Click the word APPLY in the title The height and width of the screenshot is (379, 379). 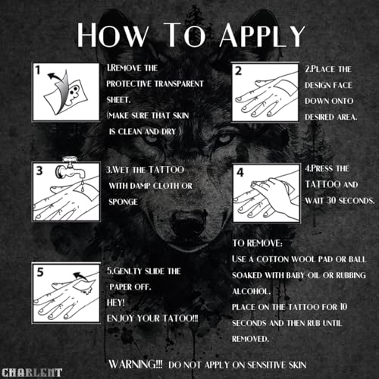(x=262, y=35)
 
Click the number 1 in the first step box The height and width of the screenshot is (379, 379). (x=38, y=70)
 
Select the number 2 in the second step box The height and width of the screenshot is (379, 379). (x=238, y=71)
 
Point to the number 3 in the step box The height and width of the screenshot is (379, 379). (x=39, y=171)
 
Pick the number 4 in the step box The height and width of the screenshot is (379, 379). (x=240, y=173)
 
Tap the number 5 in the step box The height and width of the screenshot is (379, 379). (x=40, y=272)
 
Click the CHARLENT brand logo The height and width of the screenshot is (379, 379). (x=32, y=373)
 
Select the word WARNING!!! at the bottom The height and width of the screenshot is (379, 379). (x=136, y=365)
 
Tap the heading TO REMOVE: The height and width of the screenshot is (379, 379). (x=257, y=243)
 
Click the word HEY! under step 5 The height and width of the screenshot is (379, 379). (x=116, y=302)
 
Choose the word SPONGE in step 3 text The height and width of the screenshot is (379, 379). (x=123, y=202)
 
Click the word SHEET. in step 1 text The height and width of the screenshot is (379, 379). (x=118, y=100)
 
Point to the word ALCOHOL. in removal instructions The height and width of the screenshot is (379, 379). (x=252, y=291)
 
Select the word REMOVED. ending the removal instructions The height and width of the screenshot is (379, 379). (x=250, y=339)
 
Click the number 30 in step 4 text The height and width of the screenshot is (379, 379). (x=331, y=201)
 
